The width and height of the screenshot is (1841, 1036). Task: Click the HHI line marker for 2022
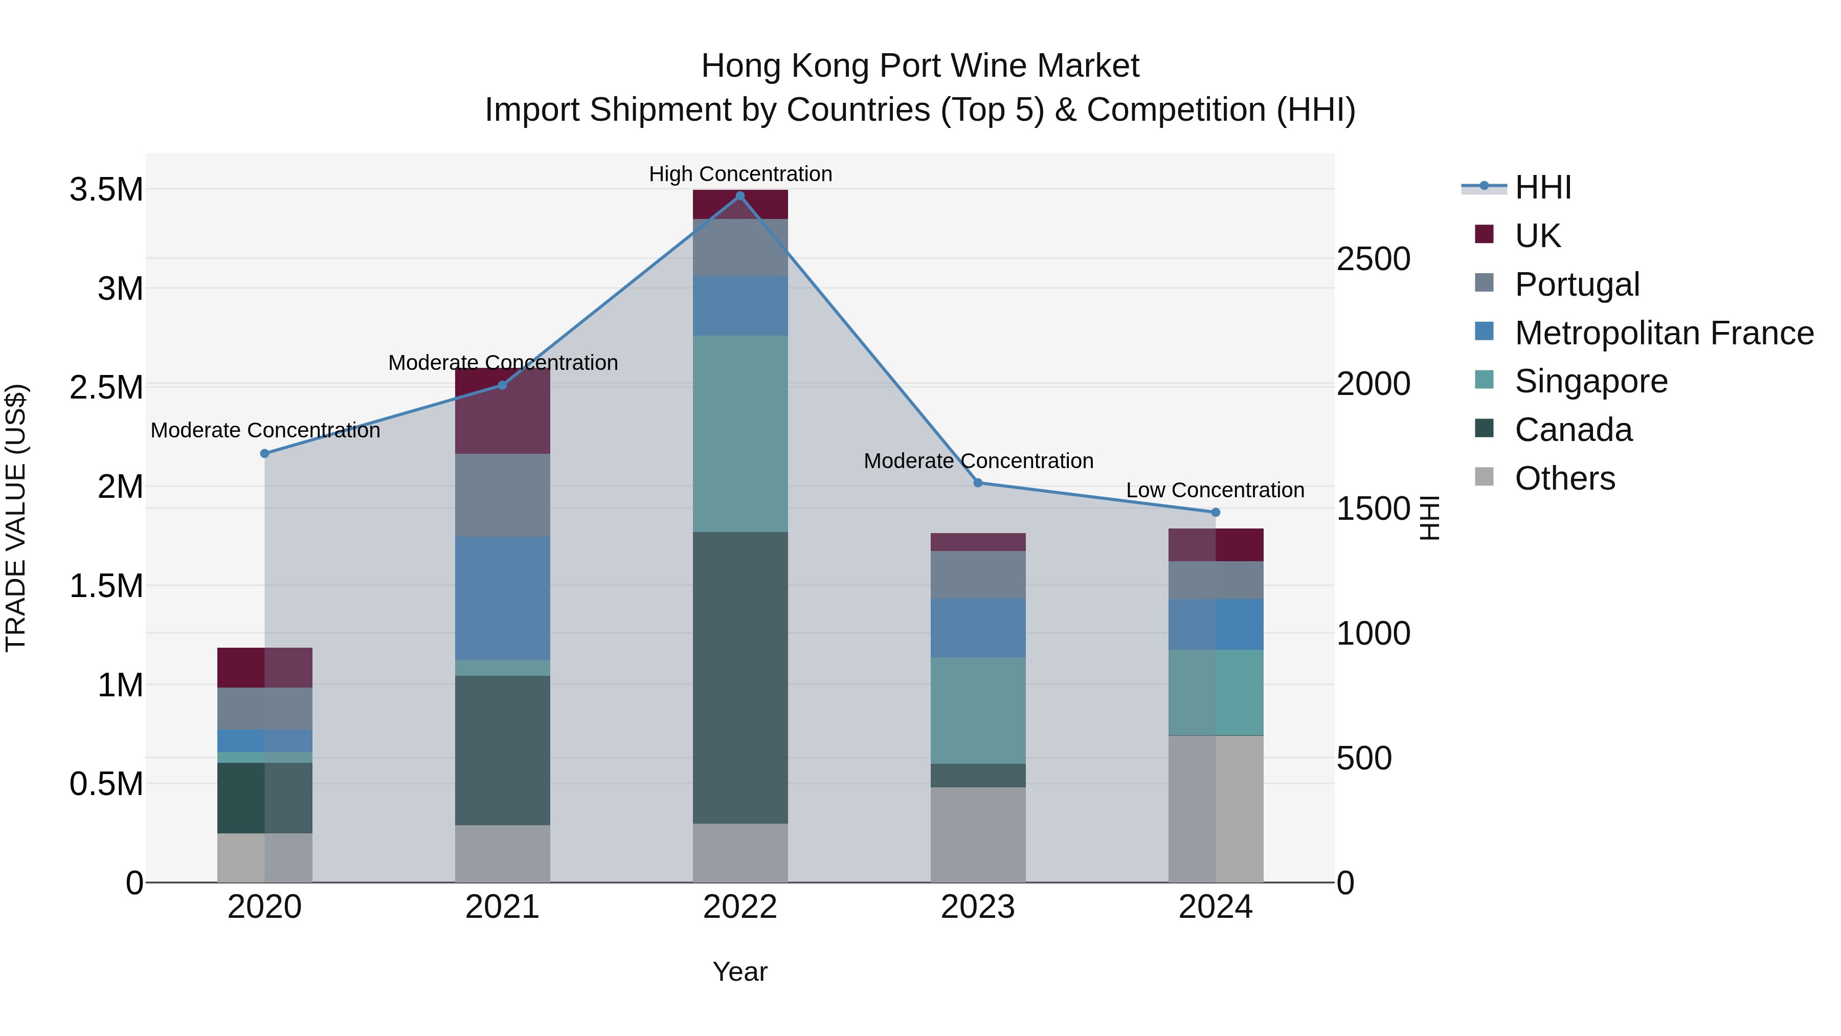(x=739, y=196)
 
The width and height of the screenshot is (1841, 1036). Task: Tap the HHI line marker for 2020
(x=264, y=453)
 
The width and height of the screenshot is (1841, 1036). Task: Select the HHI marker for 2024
(x=1216, y=513)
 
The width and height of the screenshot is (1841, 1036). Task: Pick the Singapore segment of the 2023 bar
(x=978, y=710)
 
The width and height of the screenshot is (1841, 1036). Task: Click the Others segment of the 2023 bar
(x=978, y=834)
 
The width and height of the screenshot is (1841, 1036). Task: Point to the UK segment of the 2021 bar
(x=502, y=411)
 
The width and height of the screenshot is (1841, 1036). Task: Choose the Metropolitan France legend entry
(x=1663, y=333)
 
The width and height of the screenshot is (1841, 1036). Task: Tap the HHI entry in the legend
(x=1542, y=187)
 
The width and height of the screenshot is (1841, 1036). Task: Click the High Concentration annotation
(x=740, y=174)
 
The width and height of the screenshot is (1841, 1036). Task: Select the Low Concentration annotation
(x=1215, y=491)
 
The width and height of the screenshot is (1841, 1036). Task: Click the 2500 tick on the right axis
(x=1373, y=259)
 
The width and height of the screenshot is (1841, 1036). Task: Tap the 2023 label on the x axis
(x=978, y=907)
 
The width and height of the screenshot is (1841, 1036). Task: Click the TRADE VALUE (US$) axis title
(x=16, y=518)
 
